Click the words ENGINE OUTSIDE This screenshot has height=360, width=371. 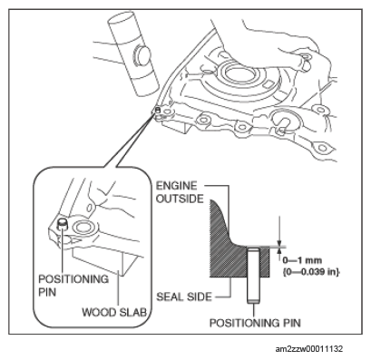click(x=180, y=192)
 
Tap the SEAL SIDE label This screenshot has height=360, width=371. click(x=184, y=297)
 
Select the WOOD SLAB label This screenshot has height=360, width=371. click(x=114, y=312)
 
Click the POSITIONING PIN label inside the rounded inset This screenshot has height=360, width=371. click(x=73, y=285)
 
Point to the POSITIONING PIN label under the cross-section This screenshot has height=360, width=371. click(x=255, y=323)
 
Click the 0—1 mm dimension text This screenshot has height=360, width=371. click(x=302, y=260)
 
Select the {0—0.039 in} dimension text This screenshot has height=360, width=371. click(x=311, y=272)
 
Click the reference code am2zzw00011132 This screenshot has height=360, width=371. click(x=309, y=349)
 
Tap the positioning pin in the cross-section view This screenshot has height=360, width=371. click(x=253, y=275)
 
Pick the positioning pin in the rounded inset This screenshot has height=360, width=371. click(x=63, y=225)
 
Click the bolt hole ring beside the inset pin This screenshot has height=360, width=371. click(x=84, y=228)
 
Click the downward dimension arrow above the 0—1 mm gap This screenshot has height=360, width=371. click(x=280, y=230)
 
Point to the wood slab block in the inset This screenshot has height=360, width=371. click(x=100, y=259)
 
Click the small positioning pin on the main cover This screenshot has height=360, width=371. click(x=158, y=110)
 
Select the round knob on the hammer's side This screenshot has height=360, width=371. click(x=142, y=55)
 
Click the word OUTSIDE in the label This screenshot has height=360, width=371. click(x=180, y=199)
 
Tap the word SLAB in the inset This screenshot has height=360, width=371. click(x=133, y=312)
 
